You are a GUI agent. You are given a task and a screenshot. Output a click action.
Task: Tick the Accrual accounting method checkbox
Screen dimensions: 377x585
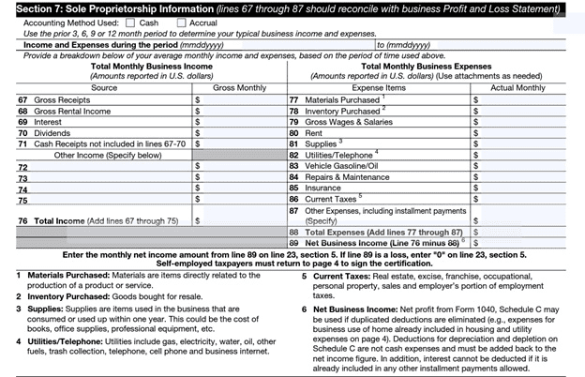(182, 22)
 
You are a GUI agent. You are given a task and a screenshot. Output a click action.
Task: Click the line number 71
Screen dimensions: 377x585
(23, 145)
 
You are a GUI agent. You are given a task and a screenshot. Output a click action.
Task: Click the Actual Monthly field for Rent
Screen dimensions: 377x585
(525, 133)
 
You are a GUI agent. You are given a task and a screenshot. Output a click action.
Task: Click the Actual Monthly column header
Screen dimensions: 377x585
(517, 87)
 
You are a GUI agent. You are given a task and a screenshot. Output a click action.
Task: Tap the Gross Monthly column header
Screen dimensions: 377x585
(240, 87)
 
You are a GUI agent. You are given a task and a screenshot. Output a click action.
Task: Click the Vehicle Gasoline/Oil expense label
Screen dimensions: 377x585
(344, 165)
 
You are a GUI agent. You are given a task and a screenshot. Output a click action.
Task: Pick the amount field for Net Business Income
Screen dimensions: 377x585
(525, 241)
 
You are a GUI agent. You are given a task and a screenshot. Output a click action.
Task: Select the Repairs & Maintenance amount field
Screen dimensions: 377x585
(525, 176)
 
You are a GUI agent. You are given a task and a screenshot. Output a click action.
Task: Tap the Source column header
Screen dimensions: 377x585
(103, 87)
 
